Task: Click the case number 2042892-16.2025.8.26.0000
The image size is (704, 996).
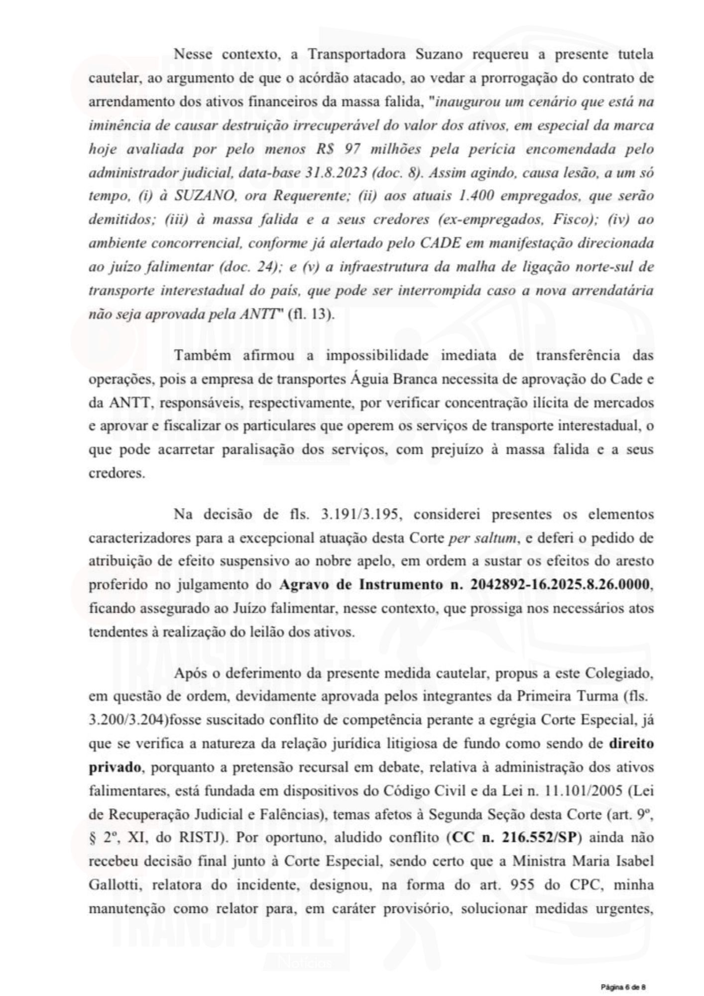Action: pos(557,585)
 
